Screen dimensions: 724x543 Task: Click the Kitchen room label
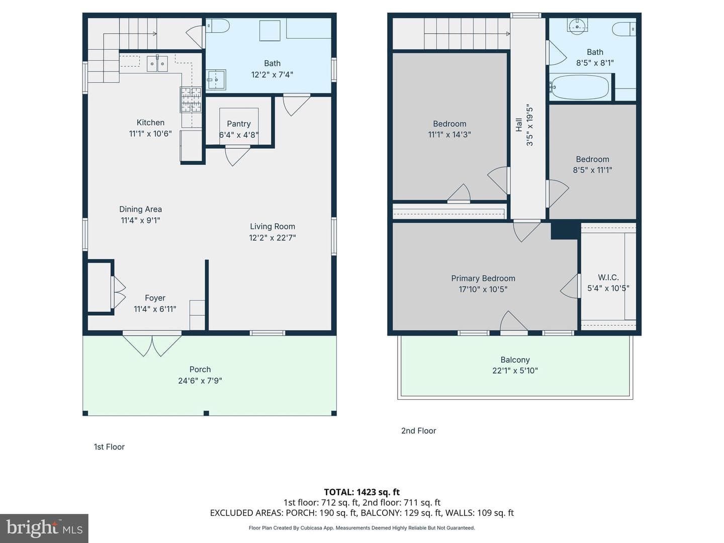pos(150,122)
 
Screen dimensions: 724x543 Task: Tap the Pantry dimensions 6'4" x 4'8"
pos(239,135)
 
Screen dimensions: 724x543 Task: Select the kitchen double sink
pos(157,64)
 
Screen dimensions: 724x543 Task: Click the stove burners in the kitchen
pos(191,100)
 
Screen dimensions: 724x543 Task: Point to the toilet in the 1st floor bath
pos(218,26)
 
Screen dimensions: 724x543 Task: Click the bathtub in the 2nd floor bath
pos(579,87)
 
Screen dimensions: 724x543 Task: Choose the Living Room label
pos(273,226)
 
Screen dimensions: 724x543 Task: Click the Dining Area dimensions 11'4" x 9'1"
pos(140,220)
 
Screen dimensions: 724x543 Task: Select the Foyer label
pos(155,298)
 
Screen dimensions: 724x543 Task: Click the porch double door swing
pos(152,345)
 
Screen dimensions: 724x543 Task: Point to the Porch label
pos(200,370)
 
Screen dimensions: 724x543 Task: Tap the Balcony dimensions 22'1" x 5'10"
pos(515,371)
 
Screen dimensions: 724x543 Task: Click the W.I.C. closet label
pos(608,277)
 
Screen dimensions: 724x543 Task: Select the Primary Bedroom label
pos(483,278)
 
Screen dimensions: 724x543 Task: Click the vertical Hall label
pos(519,125)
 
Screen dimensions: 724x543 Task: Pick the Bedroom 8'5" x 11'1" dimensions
pos(592,170)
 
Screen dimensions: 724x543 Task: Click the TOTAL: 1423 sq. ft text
pos(362,492)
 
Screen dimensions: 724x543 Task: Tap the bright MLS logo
pos(44,528)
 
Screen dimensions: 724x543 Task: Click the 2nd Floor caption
pos(419,430)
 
